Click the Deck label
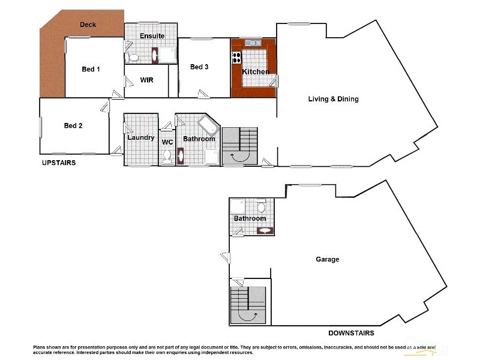pyautogui.click(x=88, y=25)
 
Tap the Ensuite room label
pyautogui.click(x=152, y=36)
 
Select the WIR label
pyautogui.click(x=148, y=80)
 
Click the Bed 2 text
pyautogui.click(x=73, y=125)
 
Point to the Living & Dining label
pyautogui.click(x=333, y=99)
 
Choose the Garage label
pyautogui.click(x=328, y=259)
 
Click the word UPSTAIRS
pyautogui.click(x=58, y=163)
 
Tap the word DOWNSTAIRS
pyautogui.click(x=352, y=333)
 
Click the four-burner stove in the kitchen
pyautogui.click(x=236, y=58)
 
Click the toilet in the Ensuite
pyautogui.click(x=133, y=58)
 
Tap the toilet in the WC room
pyautogui.click(x=167, y=156)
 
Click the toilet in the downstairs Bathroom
pyautogui.click(x=261, y=208)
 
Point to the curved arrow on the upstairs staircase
pyautogui.click(x=238, y=155)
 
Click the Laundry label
pyautogui.click(x=140, y=138)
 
